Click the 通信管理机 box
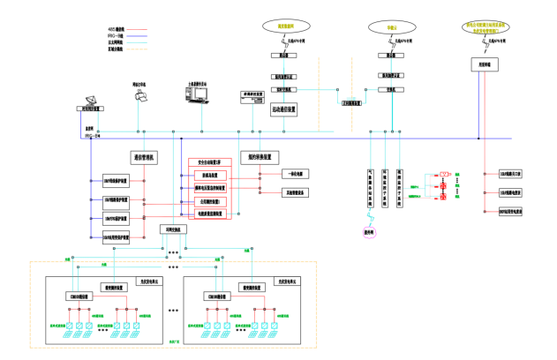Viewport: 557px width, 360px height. [144, 157]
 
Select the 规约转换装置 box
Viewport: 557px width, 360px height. [259, 157]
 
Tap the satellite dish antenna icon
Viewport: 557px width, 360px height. [91, 100]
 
